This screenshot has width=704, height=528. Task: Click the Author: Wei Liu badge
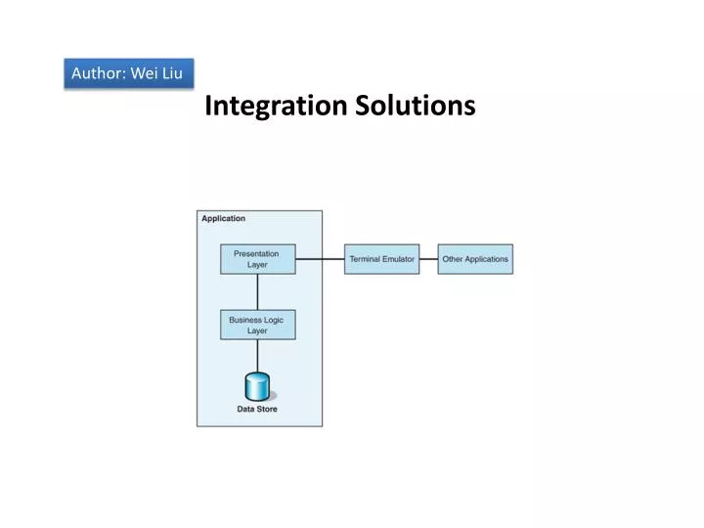tap(128, 73)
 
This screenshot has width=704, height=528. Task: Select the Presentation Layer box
tap(257, 259)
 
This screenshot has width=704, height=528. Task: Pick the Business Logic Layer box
tap(257, 325)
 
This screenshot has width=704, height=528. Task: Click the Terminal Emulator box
tap(381, 259)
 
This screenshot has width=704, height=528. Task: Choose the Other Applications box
tap(475, 259)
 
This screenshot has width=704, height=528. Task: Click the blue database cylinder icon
tap(257, 385)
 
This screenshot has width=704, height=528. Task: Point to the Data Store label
tap(257, 409)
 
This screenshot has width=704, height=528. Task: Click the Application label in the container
tap(224, 218)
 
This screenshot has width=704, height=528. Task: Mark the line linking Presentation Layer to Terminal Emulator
tap(320, 259)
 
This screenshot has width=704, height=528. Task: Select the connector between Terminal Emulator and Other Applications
tap(428, 259)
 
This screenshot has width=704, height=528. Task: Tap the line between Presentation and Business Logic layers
tap(257, 291)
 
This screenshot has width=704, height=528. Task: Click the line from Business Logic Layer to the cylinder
tap(257, 356)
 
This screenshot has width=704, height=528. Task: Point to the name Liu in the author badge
tap(171, 73)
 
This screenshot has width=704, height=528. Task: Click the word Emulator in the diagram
tap(398, 259)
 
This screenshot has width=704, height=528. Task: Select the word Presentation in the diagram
tap(256, 254)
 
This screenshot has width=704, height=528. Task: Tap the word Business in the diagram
tap(244, 320)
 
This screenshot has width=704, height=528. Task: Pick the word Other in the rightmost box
tap(453, 259)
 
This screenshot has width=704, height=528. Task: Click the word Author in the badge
tap(94, 73)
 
